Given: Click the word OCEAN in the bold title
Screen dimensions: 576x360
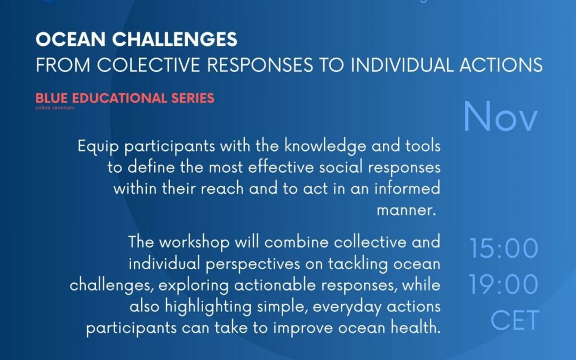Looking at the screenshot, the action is point(70,39).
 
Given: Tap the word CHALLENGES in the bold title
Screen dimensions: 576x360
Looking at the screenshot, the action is point(175,39).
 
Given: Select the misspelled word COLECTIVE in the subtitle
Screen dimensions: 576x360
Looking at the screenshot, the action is point(148,65).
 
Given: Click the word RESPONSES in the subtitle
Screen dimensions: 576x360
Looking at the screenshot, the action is point(260,65).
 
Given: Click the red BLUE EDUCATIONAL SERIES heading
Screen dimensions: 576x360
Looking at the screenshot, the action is point(125,98).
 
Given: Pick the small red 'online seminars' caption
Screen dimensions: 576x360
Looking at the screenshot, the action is point(55,108).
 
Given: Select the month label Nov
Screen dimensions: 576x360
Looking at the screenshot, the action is point(500,117).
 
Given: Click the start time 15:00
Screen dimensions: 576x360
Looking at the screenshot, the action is point(503,249).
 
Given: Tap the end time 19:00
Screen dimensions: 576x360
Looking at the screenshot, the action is point(503,284).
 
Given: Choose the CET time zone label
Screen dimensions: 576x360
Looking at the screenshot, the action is point(515,321).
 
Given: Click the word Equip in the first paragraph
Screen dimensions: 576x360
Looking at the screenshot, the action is point(99,147).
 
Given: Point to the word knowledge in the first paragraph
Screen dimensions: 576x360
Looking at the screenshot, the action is point(325,147).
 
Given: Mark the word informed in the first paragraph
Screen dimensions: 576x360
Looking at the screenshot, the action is point(407,188).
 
